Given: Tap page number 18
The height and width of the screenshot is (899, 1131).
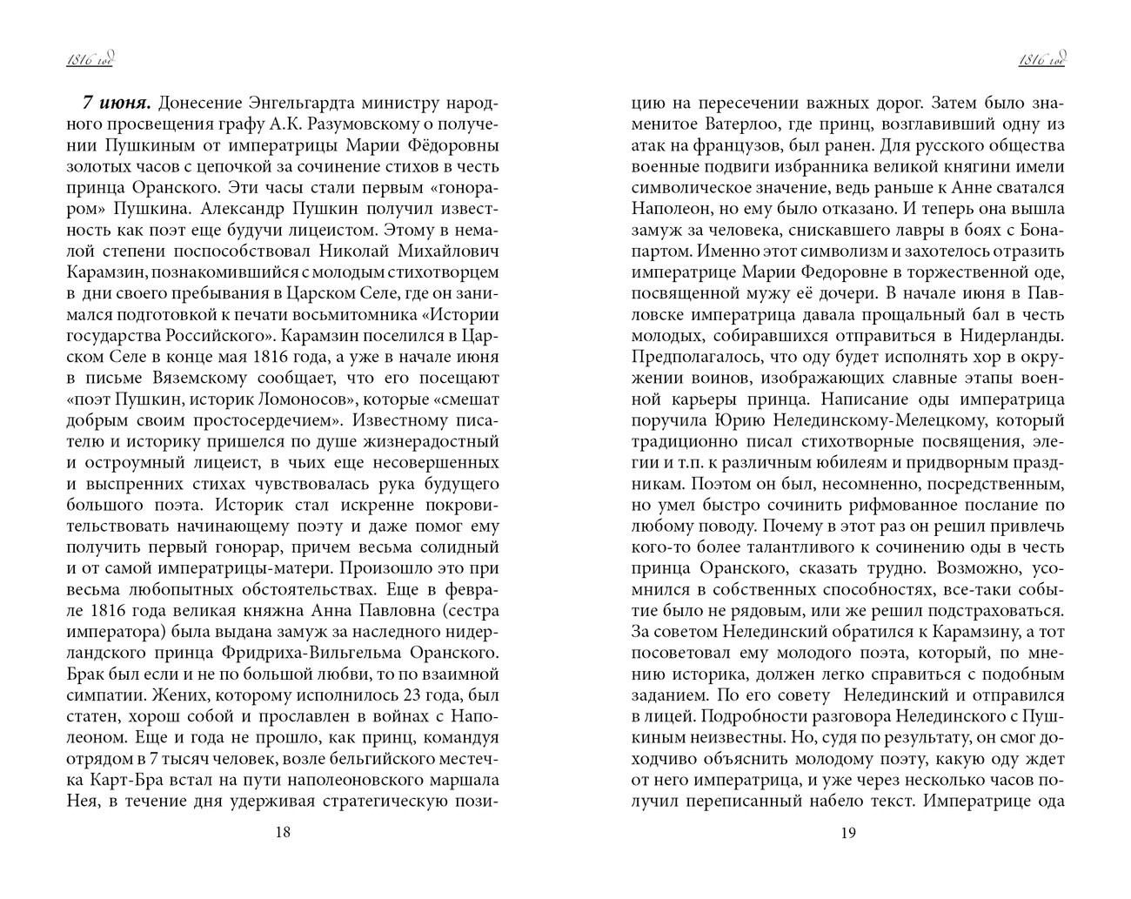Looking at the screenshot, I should pos(282,832).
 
